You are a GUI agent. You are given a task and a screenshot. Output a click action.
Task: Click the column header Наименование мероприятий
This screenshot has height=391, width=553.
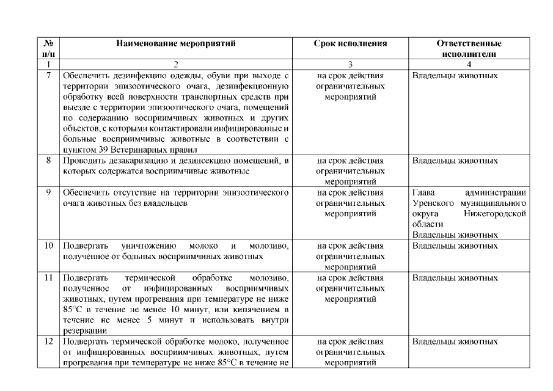point(175,44)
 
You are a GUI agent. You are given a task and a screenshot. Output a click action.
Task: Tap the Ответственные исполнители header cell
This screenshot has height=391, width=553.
point(469,48)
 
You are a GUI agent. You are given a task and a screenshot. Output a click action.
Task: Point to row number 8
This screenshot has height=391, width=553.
point(48,161)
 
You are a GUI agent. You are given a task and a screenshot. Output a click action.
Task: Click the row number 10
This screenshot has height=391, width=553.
point(48,246)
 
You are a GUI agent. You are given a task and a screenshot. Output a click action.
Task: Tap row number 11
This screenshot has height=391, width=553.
point(48,278)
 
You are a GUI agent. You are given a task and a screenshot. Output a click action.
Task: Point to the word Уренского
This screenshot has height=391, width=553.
point(433,203)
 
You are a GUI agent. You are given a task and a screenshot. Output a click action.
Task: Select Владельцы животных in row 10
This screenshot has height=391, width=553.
point(455,246)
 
